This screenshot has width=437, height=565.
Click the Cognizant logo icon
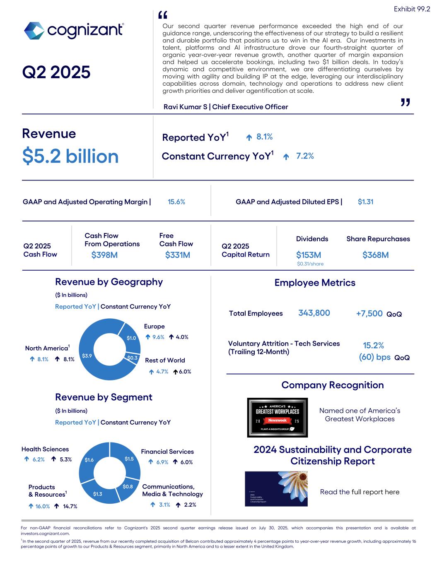pos(34,31)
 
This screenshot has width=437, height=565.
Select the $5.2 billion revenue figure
pos(70,156)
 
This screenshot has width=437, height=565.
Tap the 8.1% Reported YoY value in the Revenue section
pos(264,137)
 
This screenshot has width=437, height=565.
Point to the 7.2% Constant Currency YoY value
pos(305,156)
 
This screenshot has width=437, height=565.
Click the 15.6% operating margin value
pos(176,202)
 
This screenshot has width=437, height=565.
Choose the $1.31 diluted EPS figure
pos(365,202)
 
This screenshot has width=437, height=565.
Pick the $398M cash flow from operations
pos(104,255)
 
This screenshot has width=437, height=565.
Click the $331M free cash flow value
pos(178,255)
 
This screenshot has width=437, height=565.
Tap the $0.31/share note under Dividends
pos(310,264)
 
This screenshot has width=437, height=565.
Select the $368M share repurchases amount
pos(375,255)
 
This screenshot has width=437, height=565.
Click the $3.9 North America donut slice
pos(87,356)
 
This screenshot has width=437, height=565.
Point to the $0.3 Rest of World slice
pos(133,358)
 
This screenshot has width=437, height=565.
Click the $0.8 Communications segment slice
pos(128,487)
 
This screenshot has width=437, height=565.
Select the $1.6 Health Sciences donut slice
pos(89,460)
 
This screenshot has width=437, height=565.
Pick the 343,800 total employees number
pos(314,313)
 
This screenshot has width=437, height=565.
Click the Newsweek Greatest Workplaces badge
pos(277,418)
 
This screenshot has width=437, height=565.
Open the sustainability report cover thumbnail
pos(276,489)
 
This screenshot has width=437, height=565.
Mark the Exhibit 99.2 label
pos(412,9)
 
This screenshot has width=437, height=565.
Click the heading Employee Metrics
pos(315,283)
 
